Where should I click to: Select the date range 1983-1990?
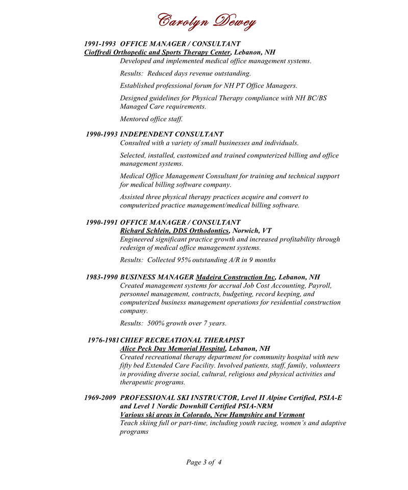click(x=103, y=277)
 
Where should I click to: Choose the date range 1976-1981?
click(x=104, y=340)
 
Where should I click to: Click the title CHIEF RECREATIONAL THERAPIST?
click(x=182, y=340)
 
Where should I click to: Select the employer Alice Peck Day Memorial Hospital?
click(x=172, y=349)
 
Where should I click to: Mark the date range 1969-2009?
click(x=101, y=397)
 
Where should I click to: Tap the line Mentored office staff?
click(x=151, y=119)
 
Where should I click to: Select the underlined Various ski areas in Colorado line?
click(x=212, y=415)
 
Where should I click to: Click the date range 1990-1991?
click(x=103, y=222)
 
